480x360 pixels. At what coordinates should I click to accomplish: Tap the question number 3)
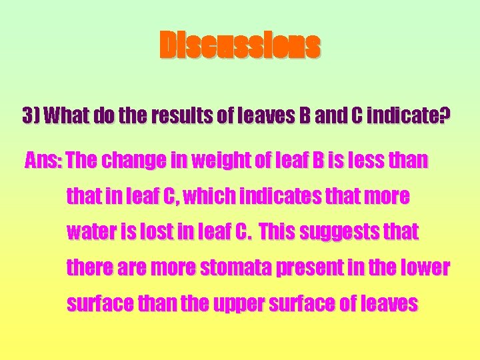(31, 115)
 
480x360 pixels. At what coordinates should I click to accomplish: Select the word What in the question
(65, 115)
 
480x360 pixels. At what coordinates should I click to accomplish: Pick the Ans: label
(43, 161)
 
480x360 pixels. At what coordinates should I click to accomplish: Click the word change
(133, 161)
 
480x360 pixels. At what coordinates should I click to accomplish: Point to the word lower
(426, 269)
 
